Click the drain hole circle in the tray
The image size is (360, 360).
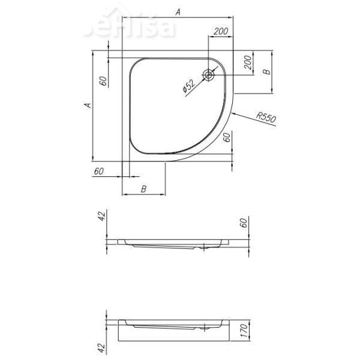tap(208, 75)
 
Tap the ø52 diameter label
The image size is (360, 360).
tap(189, 86)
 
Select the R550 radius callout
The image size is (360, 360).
tap(265, 117)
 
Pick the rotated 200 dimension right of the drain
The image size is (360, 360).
tap(247, 62)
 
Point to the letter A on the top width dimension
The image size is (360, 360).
tap(178, 11)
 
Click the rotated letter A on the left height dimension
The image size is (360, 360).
tap(87, 106)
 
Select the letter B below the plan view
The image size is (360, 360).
tap(143, 189)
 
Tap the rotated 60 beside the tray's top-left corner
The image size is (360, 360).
tap(103, 82)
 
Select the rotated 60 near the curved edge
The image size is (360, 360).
tap(227, 137)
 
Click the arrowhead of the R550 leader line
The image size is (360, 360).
tap(235, 113)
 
